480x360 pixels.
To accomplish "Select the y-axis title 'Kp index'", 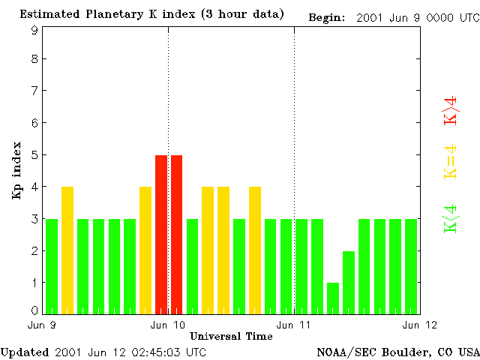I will (x=16, y=170).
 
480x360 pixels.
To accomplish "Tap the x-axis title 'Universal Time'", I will (x=231, y=335).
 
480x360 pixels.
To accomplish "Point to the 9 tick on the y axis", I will (x=34, y=30).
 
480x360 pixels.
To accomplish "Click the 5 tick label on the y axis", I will (x=34, y=155).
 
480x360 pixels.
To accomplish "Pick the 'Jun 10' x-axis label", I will (x=168, y=325).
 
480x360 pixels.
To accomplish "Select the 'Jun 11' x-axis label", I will (x=294, y=325).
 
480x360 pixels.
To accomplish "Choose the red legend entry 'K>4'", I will (x=451, y=110).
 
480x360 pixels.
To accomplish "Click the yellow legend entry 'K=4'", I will (x=451, y=161).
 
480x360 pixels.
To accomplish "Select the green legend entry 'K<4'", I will (x=451, y=218).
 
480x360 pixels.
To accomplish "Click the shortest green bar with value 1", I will (x=333, y=298).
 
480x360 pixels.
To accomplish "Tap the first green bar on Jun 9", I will (x=52, y=266).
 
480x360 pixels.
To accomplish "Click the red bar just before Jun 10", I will (x=161, y=234).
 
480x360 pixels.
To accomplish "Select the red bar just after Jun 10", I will (x=177, y=234).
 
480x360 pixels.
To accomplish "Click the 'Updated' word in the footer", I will (x=25, y=352).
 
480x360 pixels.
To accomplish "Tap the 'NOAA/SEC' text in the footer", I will (x=343, y=352).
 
